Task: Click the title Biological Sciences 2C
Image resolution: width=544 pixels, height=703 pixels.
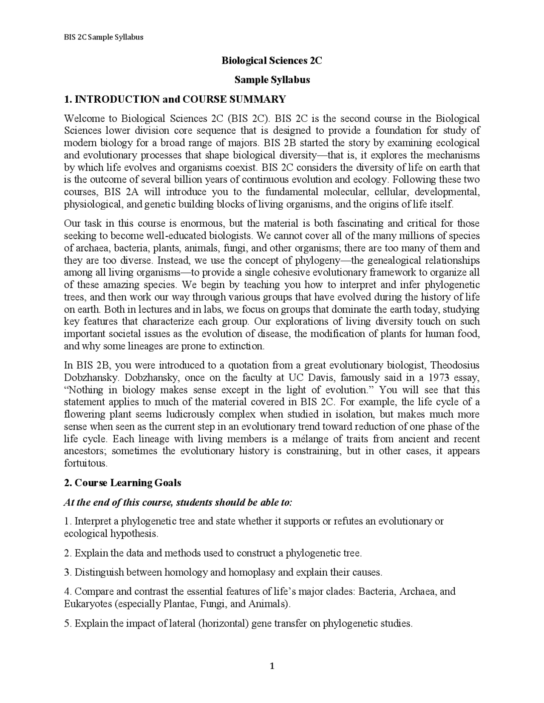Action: click(x=272, y=61)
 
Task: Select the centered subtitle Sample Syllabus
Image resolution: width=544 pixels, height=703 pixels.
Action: click(x=272, y=80)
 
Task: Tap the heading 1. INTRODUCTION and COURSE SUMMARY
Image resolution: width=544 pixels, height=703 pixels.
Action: click(x=175, y=99)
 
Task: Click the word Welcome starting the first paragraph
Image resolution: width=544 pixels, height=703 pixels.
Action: click(x=89, y=118)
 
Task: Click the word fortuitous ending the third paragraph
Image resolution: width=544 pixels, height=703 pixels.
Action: click(x=85, y=463)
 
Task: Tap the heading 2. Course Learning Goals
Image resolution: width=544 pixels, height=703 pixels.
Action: click(x=122, y=483)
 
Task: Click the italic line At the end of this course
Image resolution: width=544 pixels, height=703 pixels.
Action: click(x=178, y=502)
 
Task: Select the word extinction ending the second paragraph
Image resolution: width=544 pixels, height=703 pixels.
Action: click(x=241, y=346)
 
